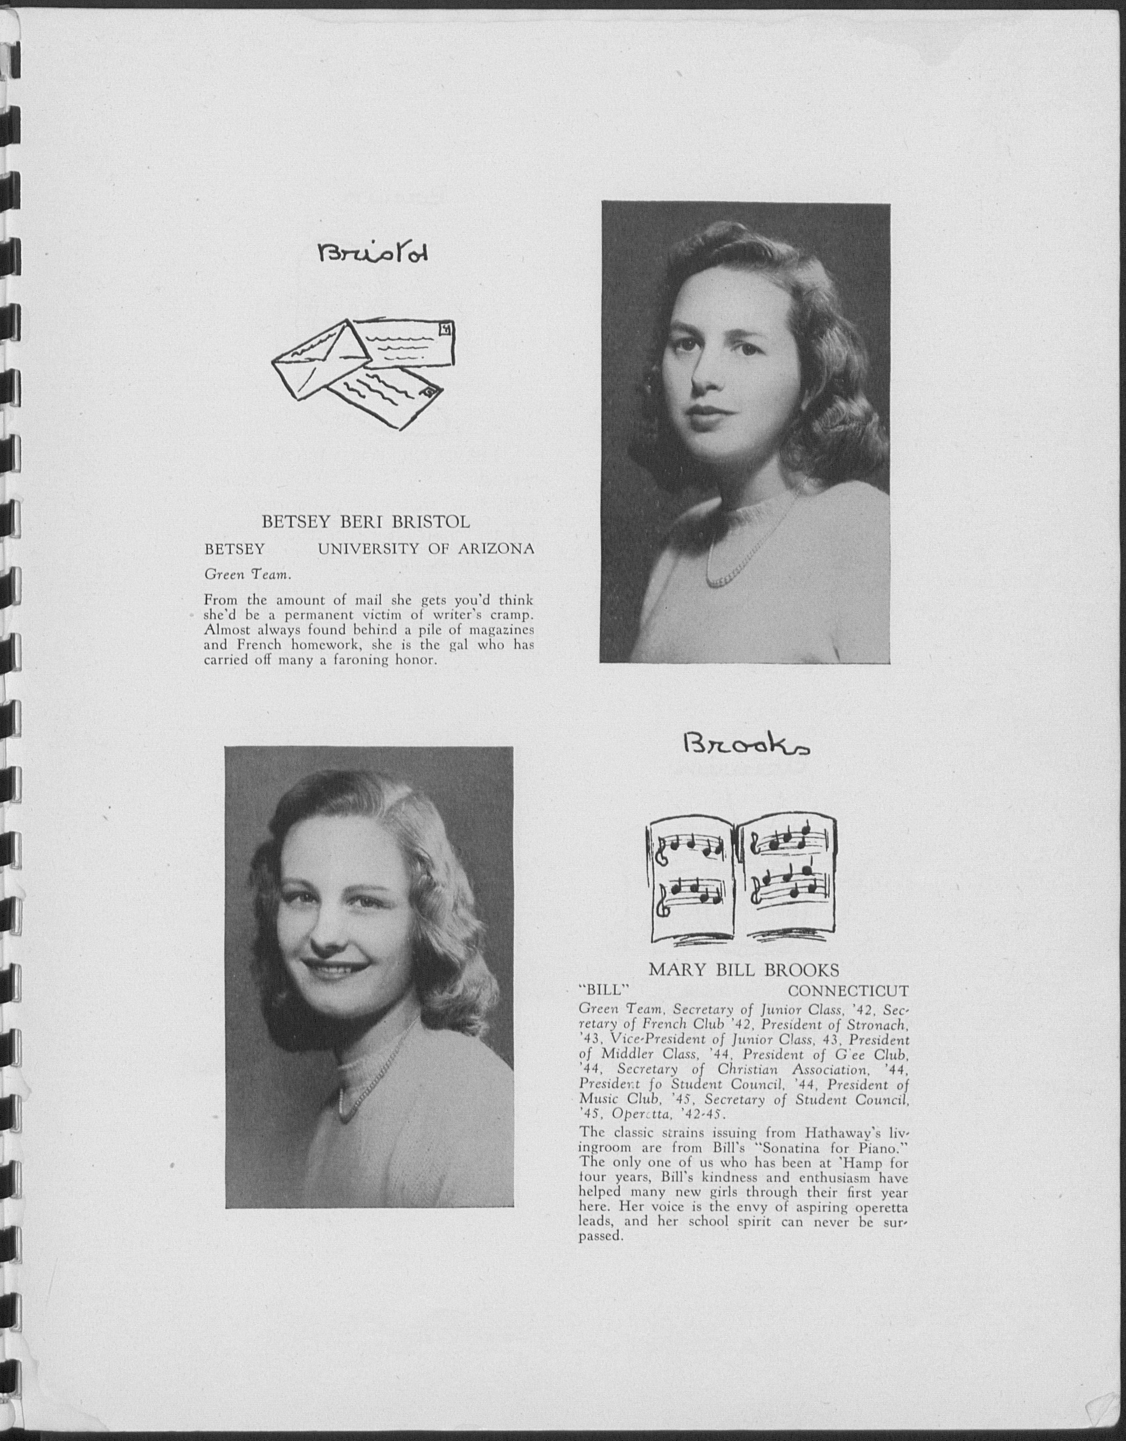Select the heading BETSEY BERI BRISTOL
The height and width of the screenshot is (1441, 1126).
pyautogui.click(x=366, y=522)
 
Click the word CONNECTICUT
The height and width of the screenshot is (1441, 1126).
pyautogui.click(x=848, y=991)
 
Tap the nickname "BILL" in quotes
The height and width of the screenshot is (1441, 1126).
pyautogui.click(x=600, y=991)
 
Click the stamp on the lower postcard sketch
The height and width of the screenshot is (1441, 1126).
pyautogui.click(x=429, y=391)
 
